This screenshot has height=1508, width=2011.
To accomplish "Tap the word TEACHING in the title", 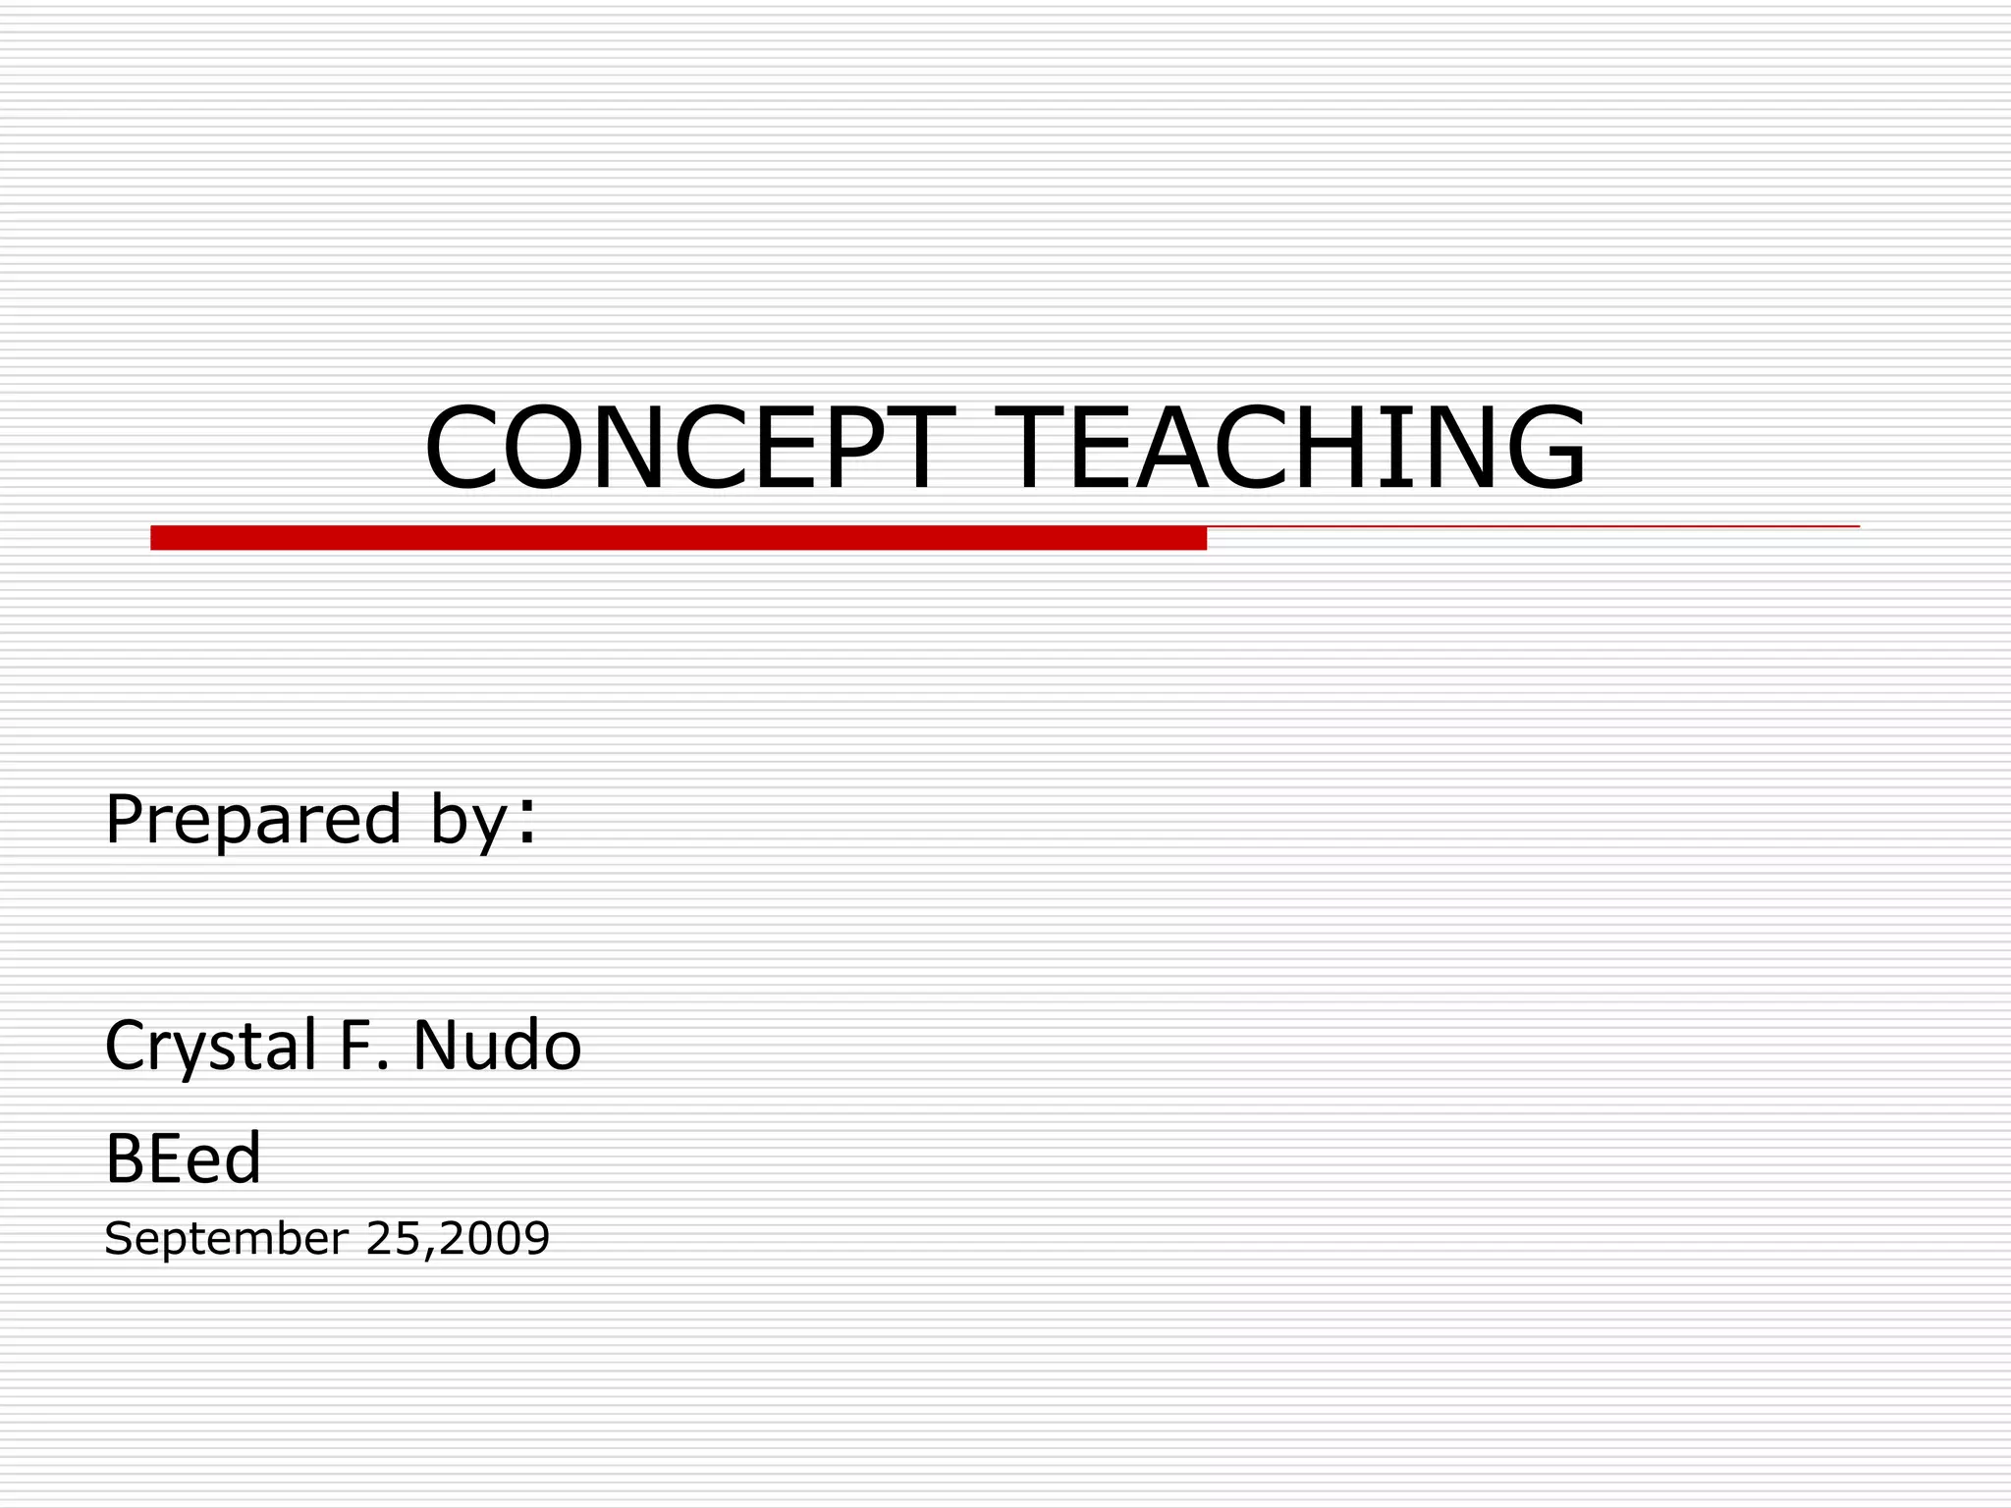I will coord(1290,448).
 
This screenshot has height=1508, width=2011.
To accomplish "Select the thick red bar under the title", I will coord(678,538).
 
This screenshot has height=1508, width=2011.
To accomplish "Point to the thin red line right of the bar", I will coord(1532,527).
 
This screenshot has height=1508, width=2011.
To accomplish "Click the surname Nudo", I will coord(497,1045).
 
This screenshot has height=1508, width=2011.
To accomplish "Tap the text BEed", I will coord(183,1158).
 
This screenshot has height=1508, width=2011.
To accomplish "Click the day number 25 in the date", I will coord(393,1238).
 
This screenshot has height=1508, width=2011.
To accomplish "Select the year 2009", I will coord(494,1238).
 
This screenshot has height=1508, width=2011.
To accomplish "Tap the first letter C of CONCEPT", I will coord(460,448).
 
